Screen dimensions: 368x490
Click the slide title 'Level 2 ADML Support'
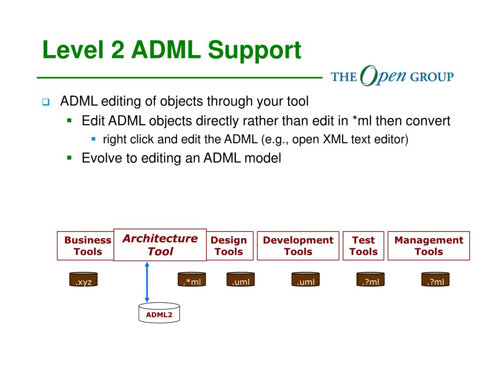click(x=172, y=50)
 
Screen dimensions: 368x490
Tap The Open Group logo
click(x=392, y=76)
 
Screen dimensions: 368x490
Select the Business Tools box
click(x=86, y=246)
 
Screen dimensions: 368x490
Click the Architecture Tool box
click(x=160, y=245)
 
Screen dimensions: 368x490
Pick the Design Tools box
click(x=229, y=246)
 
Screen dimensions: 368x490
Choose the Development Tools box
click(x=298, y=246)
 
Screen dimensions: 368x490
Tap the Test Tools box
click(x=363, y=246)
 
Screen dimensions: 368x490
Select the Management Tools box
click(x=428, y=246)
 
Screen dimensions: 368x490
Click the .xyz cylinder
click(x=83, y=280)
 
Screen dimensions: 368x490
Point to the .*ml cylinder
click(x=192, y=280)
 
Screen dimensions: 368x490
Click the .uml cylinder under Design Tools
click(x=240, y=280)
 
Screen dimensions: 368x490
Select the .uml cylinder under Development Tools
click(x=305, y=280)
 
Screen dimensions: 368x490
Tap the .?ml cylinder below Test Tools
click(x=370, y=280)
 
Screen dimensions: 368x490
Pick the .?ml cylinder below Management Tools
click(x=435, y=280)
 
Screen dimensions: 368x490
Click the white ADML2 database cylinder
click(x=159, y=313)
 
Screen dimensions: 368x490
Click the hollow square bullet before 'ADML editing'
click(x=45, y=102)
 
